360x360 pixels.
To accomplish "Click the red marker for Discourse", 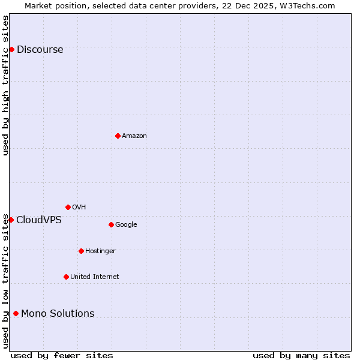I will click(11, 49).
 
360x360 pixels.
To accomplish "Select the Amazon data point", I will click(118, 136).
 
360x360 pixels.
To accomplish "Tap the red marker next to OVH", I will click(68, 207).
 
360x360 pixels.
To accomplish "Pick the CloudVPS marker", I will click(11, 220).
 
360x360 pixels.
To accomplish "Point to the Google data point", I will click(111, 224).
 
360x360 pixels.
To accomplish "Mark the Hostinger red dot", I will click(81, 251).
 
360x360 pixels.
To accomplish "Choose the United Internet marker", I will click(66, 277).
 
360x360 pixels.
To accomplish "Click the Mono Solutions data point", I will click(16, 313).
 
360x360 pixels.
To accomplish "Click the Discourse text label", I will click(40, 50).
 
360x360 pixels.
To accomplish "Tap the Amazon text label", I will click(134, 136).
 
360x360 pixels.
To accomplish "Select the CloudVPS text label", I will click(39, 220).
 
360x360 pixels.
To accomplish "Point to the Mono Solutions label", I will click(58, 314).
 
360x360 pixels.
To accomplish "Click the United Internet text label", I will click(95, 277).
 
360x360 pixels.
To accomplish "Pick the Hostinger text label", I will click(100, 251).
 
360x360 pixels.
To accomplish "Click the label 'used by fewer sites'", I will click(62, 355).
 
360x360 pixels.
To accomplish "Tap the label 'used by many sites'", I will click(301, 355).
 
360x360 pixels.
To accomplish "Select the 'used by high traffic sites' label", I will click(5, 85).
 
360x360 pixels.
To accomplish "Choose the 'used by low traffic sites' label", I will click(5, 281).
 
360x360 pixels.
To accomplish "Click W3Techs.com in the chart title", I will click(305, 5).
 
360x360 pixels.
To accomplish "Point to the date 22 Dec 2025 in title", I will click(247, 5).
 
